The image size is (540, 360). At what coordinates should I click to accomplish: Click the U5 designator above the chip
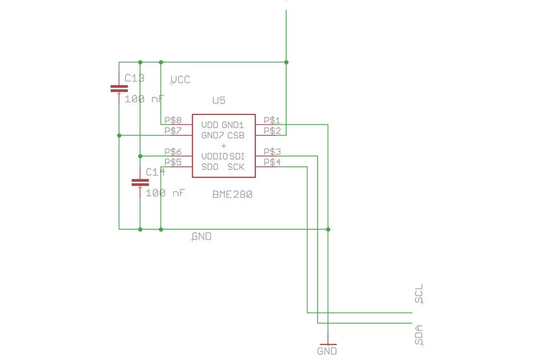tap(219, 100)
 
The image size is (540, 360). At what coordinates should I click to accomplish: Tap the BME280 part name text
tap(232, 195)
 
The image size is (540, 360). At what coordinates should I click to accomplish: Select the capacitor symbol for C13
tap(119, 89)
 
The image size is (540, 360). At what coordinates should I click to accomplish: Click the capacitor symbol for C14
tap(140, 183)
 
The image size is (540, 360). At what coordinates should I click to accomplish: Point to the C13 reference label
tap(135, 78)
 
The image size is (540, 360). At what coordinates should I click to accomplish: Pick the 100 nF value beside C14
tap(165, 193)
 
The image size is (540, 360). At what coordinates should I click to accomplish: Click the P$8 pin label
tap(173, 120)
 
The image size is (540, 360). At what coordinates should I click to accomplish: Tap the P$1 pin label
tap(272, 120)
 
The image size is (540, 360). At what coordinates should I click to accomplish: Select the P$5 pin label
tap(173, 162)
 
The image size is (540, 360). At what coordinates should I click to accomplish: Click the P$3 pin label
tap(272, 152)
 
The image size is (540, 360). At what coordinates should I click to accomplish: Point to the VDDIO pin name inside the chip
tap(214, 157)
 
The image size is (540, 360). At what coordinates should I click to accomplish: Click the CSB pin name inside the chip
tap(236, 135)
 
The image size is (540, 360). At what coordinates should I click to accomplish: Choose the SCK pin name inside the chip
tap(236, 167)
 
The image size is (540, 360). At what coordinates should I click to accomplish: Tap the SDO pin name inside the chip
tap(210, 167)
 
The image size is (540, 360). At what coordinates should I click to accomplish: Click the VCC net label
tap(181, 80)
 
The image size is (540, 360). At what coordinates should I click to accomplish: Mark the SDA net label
tap(419, 334)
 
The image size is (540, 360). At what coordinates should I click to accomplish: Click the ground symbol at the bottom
tap(328, 344)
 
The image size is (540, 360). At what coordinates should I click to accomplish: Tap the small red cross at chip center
tap(224, 146)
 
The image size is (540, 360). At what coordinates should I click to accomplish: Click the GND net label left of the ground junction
tap(201, 237)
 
